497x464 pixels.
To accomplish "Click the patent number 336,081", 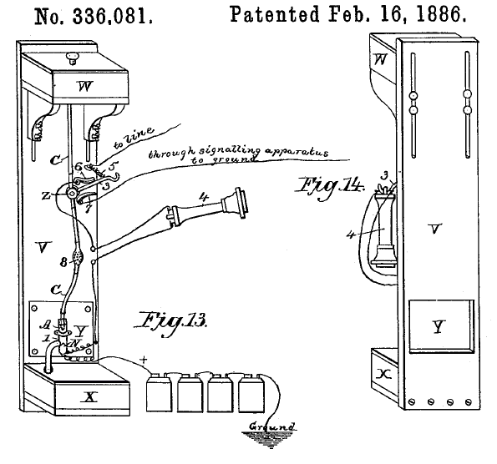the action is pos(112,17).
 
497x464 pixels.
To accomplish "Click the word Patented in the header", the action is pos(275,14).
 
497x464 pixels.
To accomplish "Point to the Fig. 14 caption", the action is pos(331,188).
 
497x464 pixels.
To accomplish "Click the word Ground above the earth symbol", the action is pos(273,426).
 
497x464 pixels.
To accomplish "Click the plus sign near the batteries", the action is pos(144,360).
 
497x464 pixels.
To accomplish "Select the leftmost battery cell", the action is pos(159,393).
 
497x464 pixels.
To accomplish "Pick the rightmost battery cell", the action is pos(251,393).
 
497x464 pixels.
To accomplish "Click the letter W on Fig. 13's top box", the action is pos(85,86).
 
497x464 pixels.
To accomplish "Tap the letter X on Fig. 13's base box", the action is pos(90,396).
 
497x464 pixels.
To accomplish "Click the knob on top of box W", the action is pos(73,58).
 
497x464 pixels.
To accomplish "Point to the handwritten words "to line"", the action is pos(134,138).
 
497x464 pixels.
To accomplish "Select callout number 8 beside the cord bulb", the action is pos(63,262).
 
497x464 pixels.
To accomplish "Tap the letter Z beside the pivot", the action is pos(46,196).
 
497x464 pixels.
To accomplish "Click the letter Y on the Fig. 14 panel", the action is pos(439,327).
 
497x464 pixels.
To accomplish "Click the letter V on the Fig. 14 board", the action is pos(434,229).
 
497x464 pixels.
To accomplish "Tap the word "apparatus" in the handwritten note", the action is pos(296,152).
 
